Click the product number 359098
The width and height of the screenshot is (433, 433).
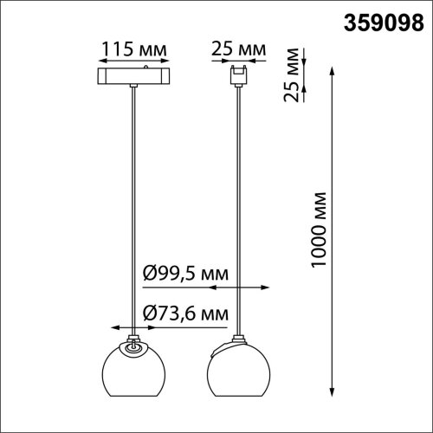coord(384,23)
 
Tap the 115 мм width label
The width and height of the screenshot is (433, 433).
coord(134,49)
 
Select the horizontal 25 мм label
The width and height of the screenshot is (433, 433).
coord(238,48)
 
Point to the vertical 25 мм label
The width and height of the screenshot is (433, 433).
coord(291,75)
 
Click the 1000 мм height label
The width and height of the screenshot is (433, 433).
coord(319,229)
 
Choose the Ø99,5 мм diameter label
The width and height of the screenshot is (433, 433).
coord(185,273)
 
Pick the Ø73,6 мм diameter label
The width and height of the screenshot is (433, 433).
coord(185,313)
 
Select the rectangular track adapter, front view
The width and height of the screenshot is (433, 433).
coord(133,76)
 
